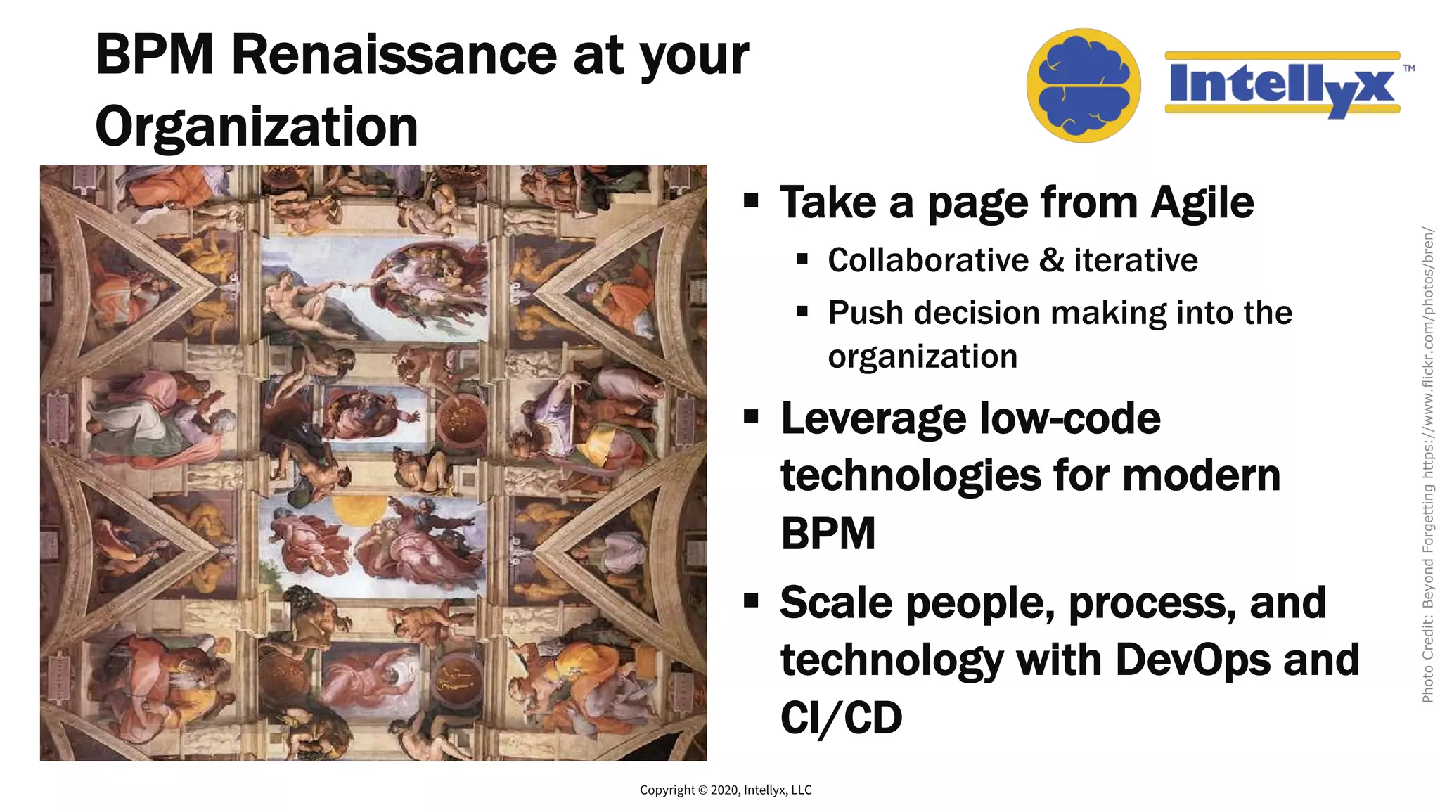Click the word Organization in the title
click(x=257, y=127)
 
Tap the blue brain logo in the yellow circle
click(x=1084, y=86)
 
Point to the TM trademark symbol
click(x=1408, y=68)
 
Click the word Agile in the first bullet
click(x=1202, y=202)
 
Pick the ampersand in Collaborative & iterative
click(x=1051, y=260)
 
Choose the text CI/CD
click(x=841, y=718)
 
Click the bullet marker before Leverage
click(x=751, y=417)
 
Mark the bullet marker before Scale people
click(x=751, y=601)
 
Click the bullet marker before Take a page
click(x=751, y=201)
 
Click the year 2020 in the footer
click(x=725, y=790)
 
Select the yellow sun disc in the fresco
click(x=359, y=509)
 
